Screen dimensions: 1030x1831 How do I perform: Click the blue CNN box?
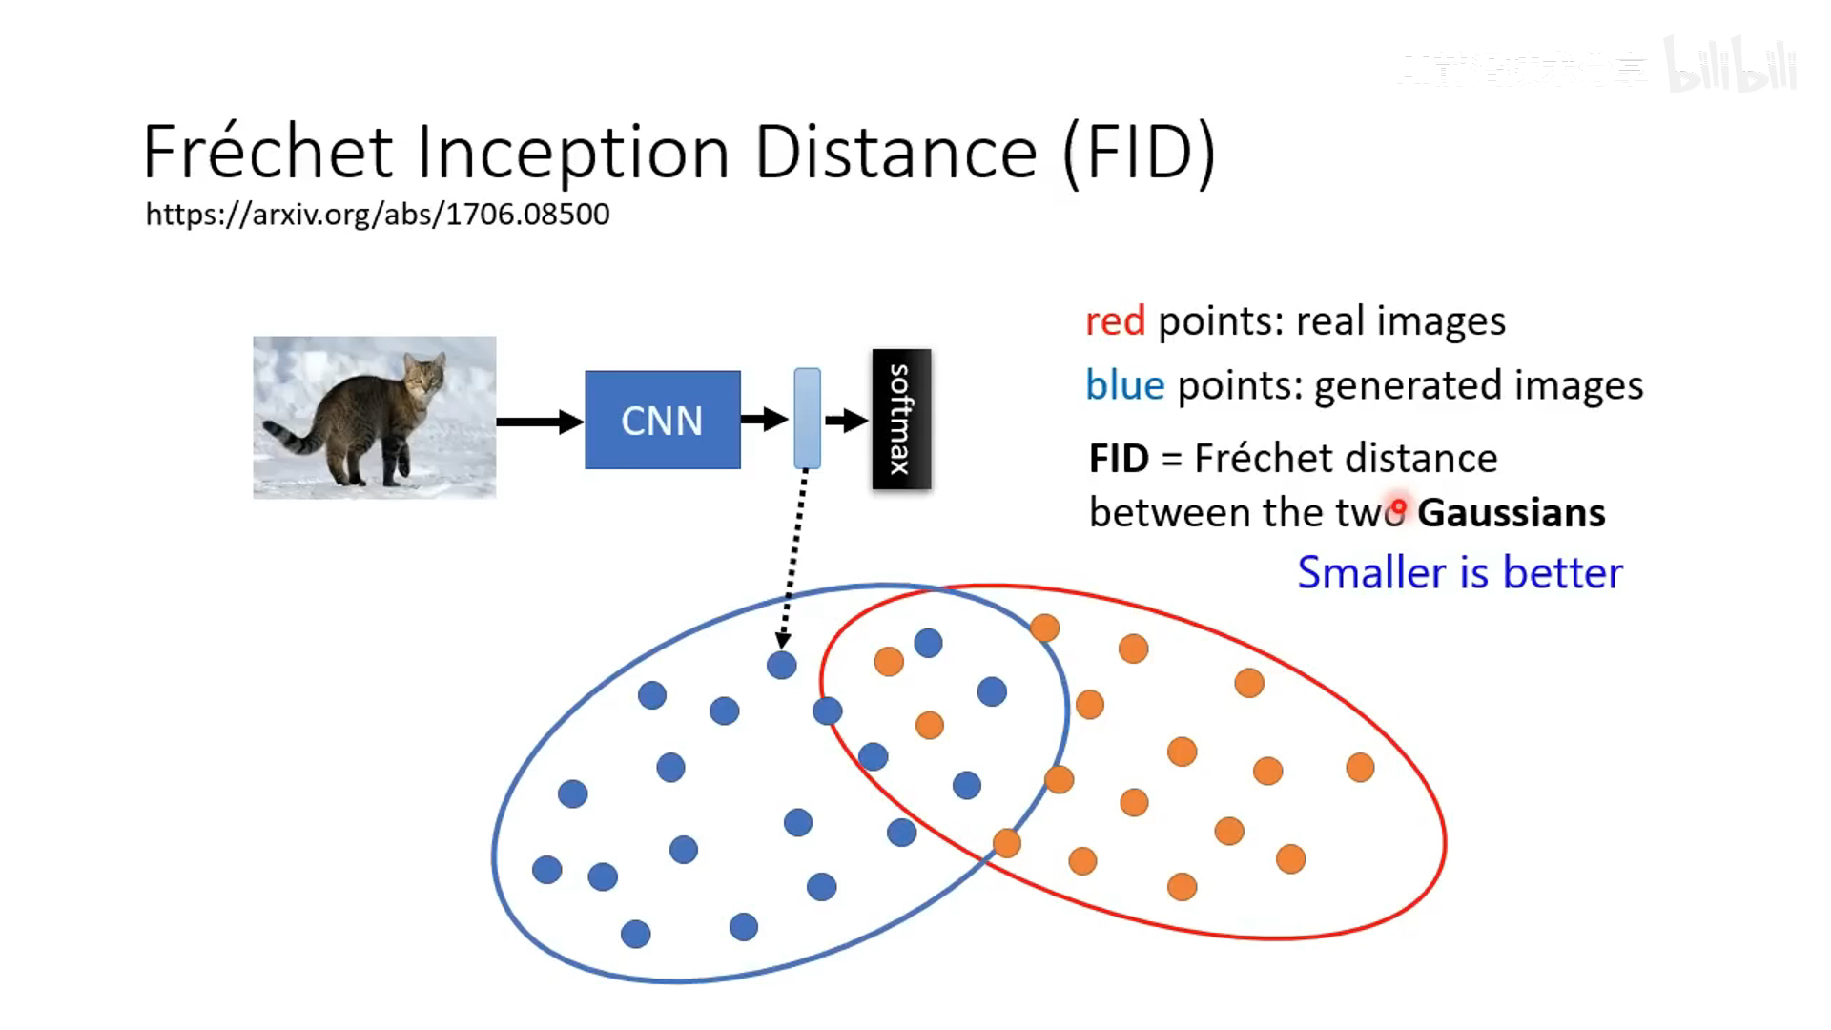click(662, 420)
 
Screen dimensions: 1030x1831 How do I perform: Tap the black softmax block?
click(901, 420)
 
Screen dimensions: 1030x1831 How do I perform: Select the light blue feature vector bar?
click(807, 418)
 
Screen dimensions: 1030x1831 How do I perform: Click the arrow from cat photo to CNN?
click(539, 422)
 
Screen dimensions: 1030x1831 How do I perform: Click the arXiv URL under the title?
click(378, 214)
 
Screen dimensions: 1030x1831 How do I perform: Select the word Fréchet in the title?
click(268, 153)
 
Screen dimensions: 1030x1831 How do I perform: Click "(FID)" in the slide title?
click(1139, 153)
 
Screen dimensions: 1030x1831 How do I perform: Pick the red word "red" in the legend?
click(1115, 321)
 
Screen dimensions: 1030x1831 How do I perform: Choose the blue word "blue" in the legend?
click(1124, 385)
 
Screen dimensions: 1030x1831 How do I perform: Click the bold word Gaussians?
click(1511, 513)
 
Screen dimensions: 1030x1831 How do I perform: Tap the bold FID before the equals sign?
click(1119, 459)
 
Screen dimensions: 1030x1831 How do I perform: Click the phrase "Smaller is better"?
click(1459, 573)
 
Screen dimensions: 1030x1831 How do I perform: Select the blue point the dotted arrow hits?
click(781, 665)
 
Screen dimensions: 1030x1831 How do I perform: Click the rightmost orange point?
click(1360, 767)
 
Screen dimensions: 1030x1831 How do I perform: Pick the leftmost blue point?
click(546, 869)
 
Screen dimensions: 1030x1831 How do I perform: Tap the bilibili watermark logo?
click(1730, 67)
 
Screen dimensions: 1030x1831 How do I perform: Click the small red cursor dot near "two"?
click(1398, 505)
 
